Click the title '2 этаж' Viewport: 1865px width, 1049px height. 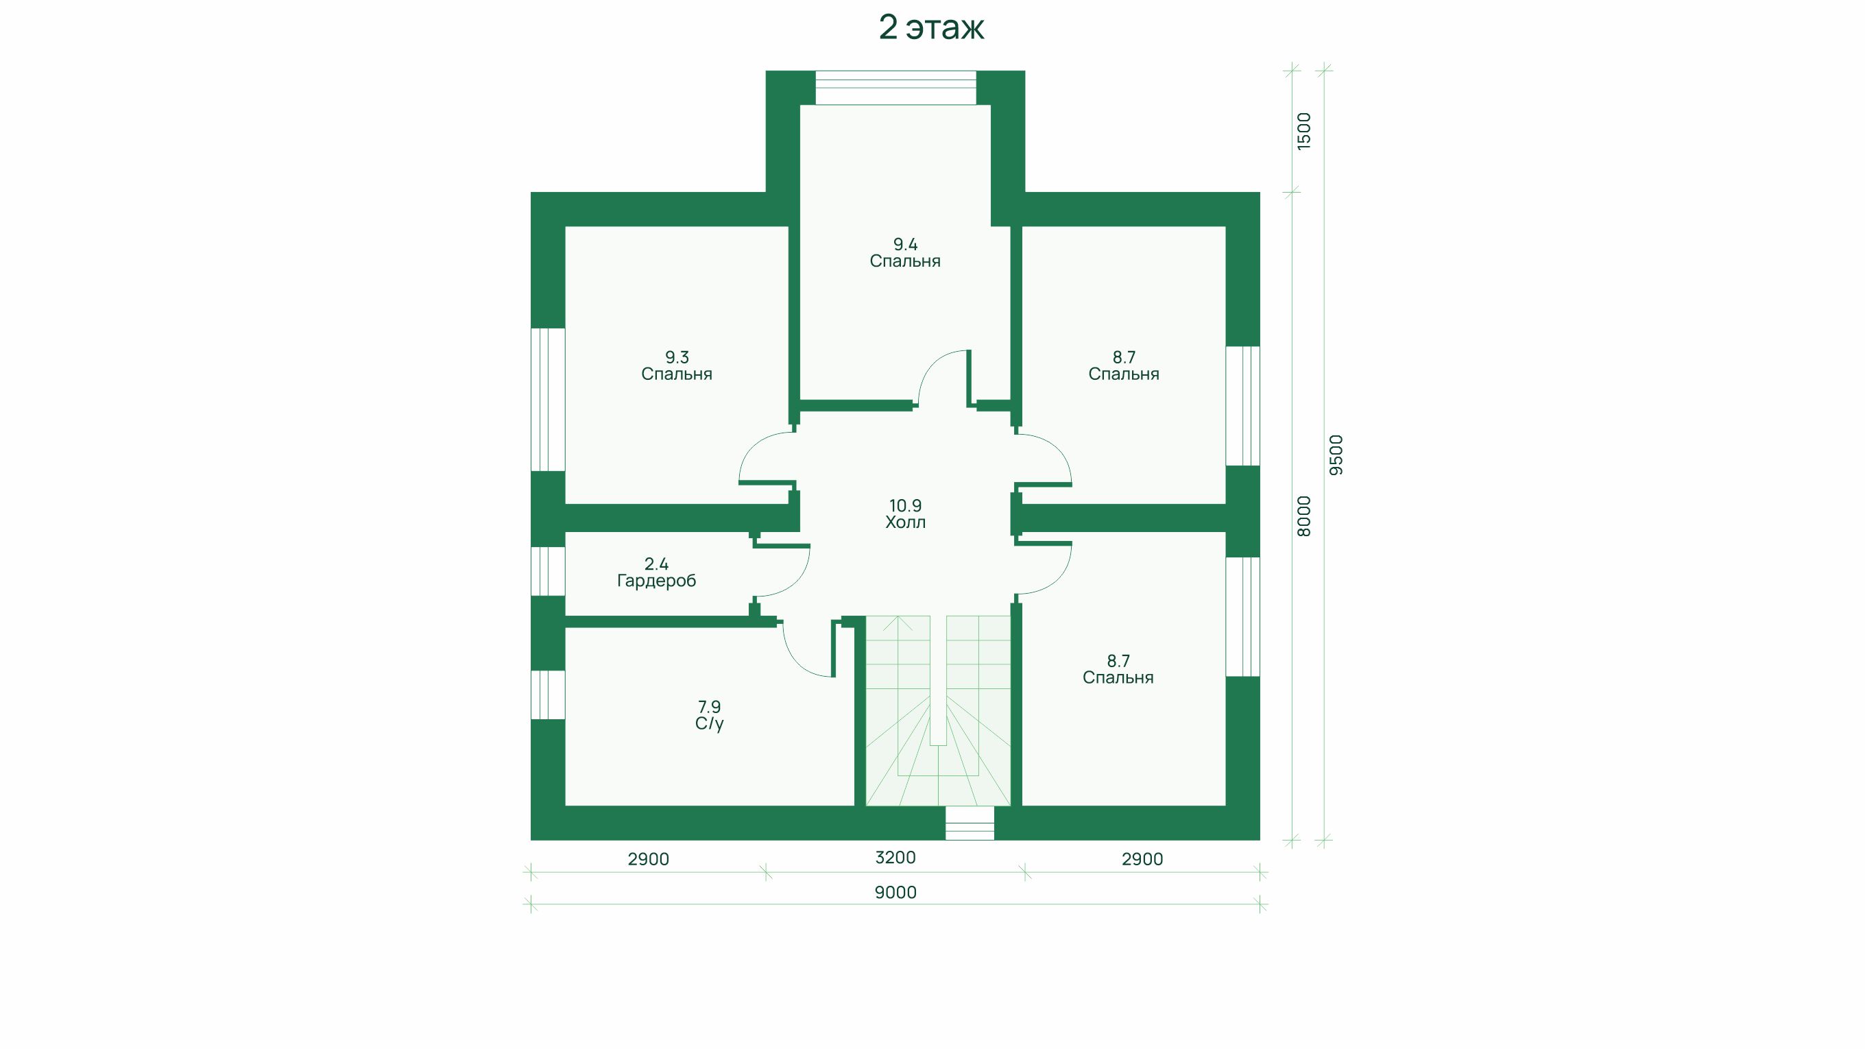[931, 27]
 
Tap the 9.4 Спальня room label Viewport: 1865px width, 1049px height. [905, 253]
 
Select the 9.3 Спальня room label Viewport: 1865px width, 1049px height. [677, 365]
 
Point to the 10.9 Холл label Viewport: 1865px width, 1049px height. [905, 514]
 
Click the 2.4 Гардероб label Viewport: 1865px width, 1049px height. [657, 572]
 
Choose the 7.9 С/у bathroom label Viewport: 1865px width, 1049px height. [710, 714]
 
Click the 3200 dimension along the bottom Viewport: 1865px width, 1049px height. [895, 858]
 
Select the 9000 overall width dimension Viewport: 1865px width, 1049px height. [895, 893]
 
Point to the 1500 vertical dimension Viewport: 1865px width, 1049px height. [1303, 131]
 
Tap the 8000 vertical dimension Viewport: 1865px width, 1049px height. [1303, 516]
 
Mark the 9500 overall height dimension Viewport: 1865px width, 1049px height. [1336, 455]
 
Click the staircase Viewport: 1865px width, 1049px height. [937, 710]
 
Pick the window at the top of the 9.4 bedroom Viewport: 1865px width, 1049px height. [895, 88]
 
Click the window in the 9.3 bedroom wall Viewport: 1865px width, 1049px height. [548, 400]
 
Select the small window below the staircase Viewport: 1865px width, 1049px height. [970, 823]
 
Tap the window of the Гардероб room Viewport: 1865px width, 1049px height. [548, 571]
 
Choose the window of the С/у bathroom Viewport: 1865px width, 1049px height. [548, 695]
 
